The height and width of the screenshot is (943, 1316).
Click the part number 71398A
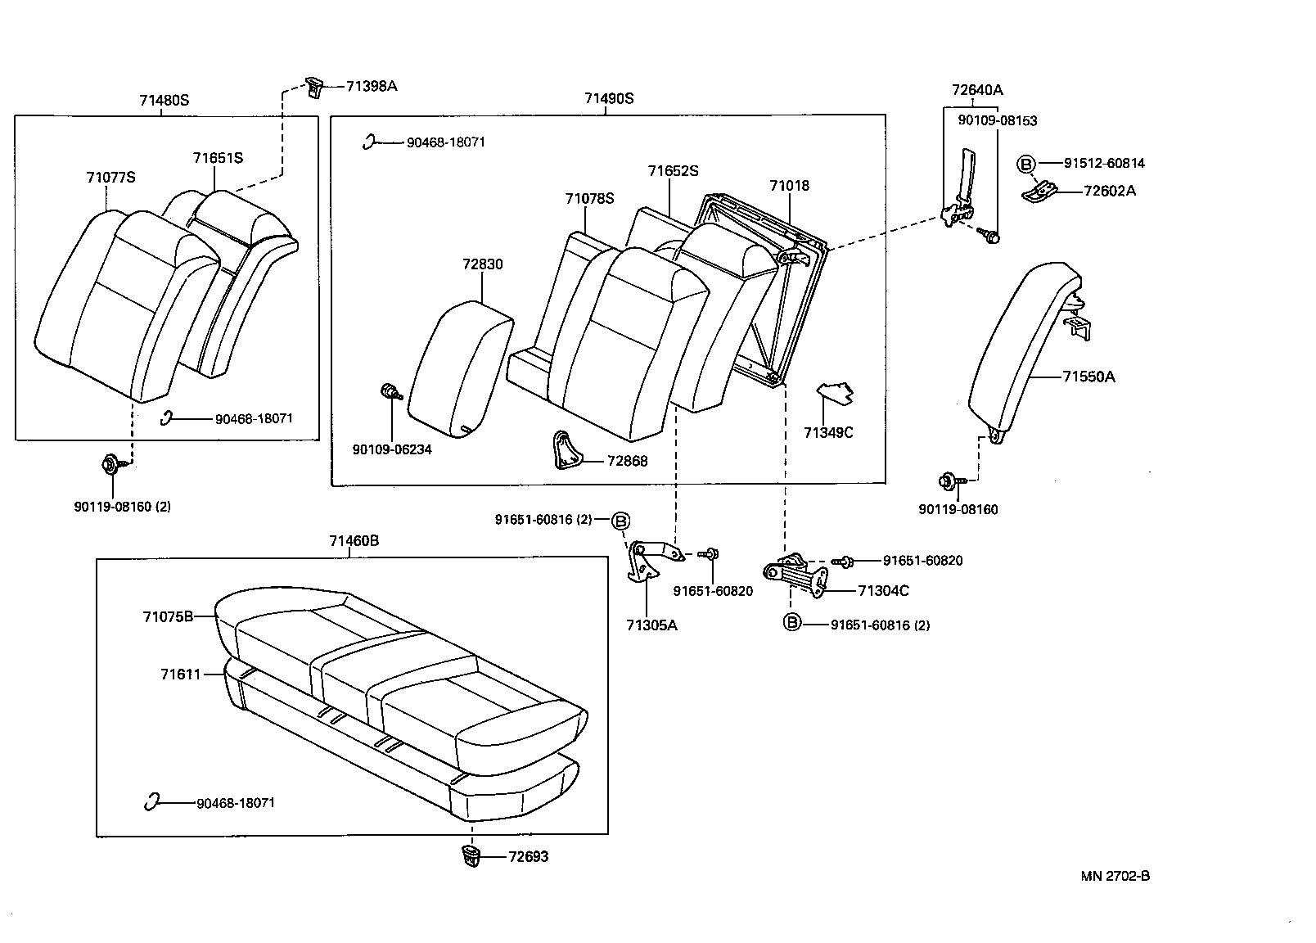(x=371, y=86)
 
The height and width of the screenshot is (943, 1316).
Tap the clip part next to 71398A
(x=315, y=86)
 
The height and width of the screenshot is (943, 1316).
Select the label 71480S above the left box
(x=164, y=101)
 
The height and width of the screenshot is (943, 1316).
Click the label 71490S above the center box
(x=609, y=99)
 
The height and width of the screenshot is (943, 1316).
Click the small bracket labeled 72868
(x=564, y=450)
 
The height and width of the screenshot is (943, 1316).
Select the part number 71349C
(x=827, y=432)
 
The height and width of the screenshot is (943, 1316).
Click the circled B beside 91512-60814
(x=1025, y=164)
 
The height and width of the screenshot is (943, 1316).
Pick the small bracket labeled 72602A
(x=1040, y=192)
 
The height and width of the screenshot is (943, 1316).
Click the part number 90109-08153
(x=997, y=120)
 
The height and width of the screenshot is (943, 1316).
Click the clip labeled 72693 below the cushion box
(x=470, y=856)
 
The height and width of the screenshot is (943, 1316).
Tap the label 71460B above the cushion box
(x=354, y=541)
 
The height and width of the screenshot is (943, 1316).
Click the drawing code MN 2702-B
(x=1115, y=876)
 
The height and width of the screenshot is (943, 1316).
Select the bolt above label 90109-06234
(x=390, y=392)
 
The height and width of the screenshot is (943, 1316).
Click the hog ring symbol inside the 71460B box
(x=151, y=802)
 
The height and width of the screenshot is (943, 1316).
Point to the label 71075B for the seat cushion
(x=168, y=616)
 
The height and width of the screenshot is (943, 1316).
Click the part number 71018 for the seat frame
(x=789, y=186)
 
